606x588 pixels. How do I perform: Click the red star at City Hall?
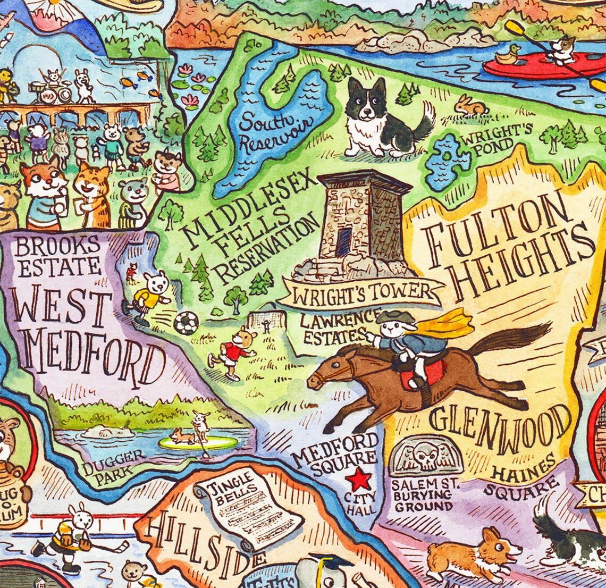(x=360, y=480)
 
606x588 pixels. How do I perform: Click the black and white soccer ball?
(x=186, y=323)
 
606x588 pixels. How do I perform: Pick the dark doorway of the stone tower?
(x=343, y=242)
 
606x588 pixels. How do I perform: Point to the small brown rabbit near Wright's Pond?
(x=470, y=106)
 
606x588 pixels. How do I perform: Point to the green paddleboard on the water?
(x=198, y=443)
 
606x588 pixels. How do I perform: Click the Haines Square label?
(x=523, y=479)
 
